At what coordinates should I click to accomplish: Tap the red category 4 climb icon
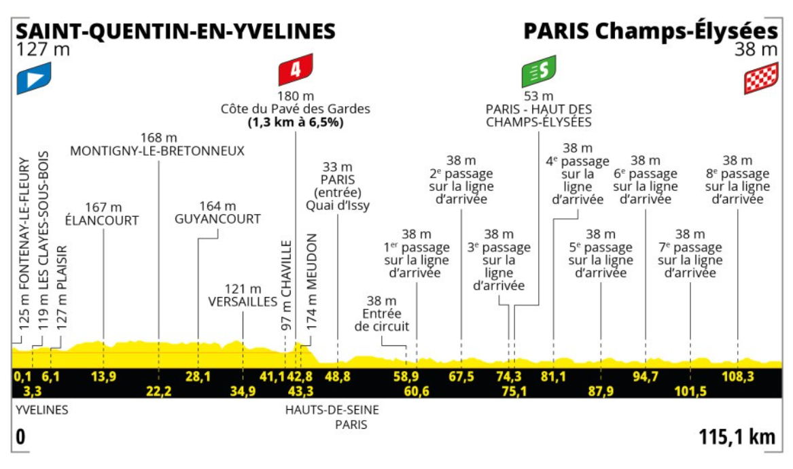tap(295, 70)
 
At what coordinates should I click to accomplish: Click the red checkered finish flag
tap(760, 79)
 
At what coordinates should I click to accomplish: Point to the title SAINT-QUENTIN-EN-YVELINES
tap(176, 31)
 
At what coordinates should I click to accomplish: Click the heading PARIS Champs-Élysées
tap(650, 31)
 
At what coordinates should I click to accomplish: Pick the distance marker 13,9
tap(103, 377)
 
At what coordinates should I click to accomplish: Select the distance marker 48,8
tap(337, 377)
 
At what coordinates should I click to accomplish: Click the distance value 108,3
tap(737, 377)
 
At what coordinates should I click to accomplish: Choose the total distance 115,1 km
tap(737, 437)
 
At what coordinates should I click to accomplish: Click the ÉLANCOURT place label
tap(102, 220)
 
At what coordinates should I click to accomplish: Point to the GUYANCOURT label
tap(217, 219)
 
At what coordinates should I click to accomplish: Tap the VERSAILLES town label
tap(243, 302)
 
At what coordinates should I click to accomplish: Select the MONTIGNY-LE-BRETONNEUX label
tap(158, 151)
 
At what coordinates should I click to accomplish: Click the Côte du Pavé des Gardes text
tap(295, 109)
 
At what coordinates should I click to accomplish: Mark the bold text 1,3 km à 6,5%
tap(295, 122)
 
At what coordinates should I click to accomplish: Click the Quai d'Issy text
tap(338, 206)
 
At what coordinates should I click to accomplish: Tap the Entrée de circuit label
tap(381, 320)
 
